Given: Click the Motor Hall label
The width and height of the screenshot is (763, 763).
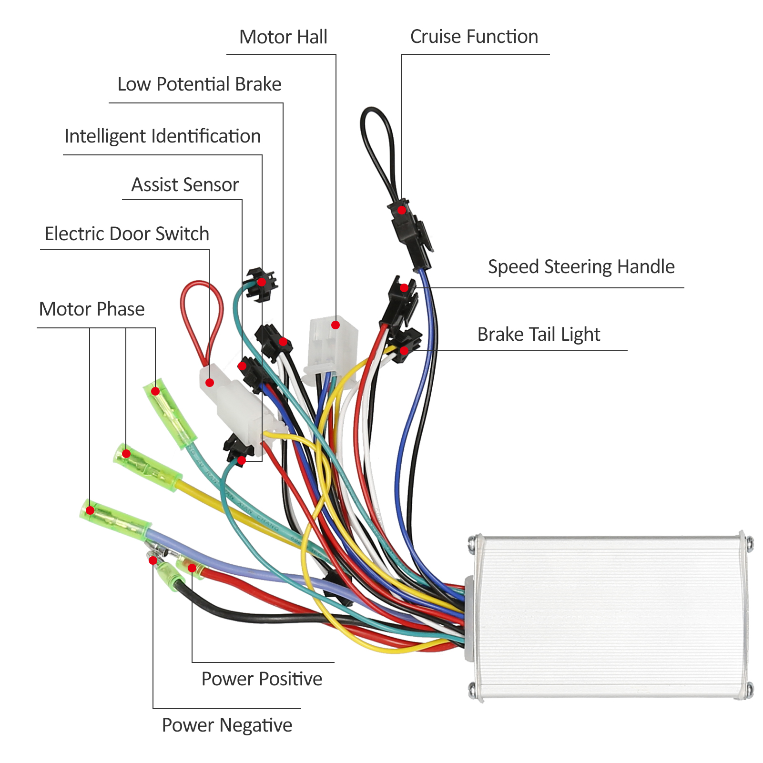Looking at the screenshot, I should pyautogui.click(x=283, y=37).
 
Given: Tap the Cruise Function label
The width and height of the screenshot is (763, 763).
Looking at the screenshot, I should pyautogui.click(x=474, y=37).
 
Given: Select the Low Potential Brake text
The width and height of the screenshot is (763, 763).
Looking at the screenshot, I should pyautogui.click(x=199, y=84).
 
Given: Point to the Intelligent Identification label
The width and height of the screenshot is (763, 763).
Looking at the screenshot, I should pyautogui.click(x=163, y=136).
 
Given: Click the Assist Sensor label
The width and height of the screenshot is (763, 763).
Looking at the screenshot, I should pyautogui.click(x=185, y=185).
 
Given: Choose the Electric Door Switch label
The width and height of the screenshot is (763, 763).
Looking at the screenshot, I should pyautogui.click(x=127, y=234).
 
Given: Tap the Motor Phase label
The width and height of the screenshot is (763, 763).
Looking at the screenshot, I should pyautogui.click(x=92, y=309).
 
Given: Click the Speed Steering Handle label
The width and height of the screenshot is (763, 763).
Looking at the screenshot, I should pyautogui.click(x=581, y=267).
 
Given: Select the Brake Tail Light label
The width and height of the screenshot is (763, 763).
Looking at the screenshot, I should pyautogui.click(x=539, y=335).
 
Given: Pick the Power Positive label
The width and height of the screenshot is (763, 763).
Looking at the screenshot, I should pyautogui.click(x=262, y=679).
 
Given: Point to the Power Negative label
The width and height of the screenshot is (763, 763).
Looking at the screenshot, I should pyautogui.click(x=227, y=725).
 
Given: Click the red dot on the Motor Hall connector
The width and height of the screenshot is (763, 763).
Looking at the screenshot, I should pyautogui.click(x=336, y=325).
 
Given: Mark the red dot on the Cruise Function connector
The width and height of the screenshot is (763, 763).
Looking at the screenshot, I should pyautogui.click(x=402, y=210).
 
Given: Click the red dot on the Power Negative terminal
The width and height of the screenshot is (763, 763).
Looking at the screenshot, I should pyautogui.click(x=153, y=560).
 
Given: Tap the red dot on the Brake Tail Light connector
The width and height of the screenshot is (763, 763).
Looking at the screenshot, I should pyautogui.click(x=404, y=351).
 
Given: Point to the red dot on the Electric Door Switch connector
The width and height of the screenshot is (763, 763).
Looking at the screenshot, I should pyautogui.click(x=210, y=383).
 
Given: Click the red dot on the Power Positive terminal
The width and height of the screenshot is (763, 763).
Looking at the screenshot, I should pyautogui.click(x=192, y=568).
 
